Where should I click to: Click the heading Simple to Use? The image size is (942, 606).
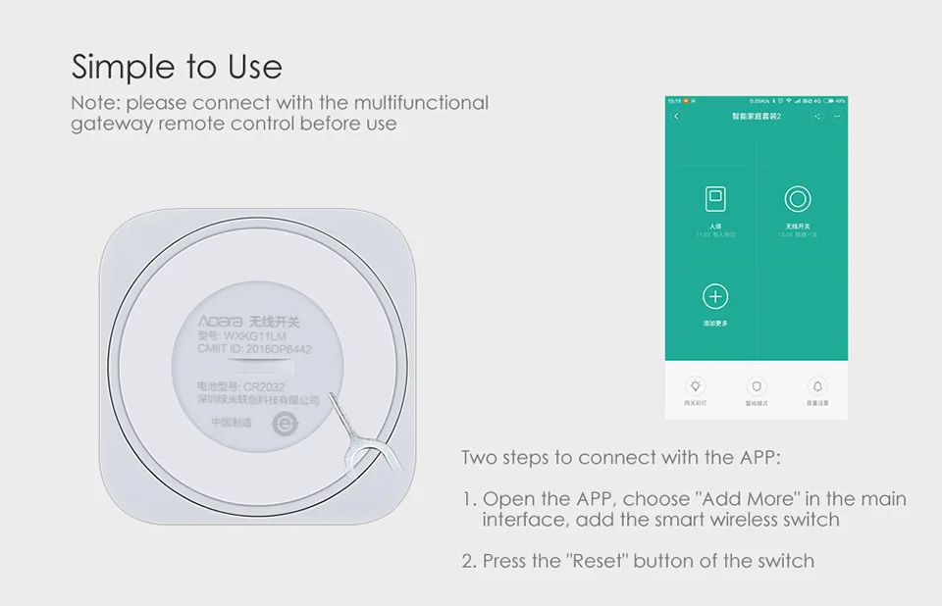(x=177, y=67)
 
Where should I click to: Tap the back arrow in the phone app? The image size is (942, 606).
(x=676, y=117)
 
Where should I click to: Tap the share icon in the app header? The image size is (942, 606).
(x=817, y=117)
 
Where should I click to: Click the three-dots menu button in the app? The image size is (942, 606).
(x=837, y=117)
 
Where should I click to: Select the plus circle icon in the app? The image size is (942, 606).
(x=716, y=296)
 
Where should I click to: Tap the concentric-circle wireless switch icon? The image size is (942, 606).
(x=798, y=200)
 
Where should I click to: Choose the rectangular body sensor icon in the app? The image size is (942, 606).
(x=716, y=200)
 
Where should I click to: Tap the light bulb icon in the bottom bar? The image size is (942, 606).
(x=696, y=385)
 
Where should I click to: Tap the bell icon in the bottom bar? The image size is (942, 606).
(x=817, y=385)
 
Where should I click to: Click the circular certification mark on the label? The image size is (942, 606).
(x=284, y=425)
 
